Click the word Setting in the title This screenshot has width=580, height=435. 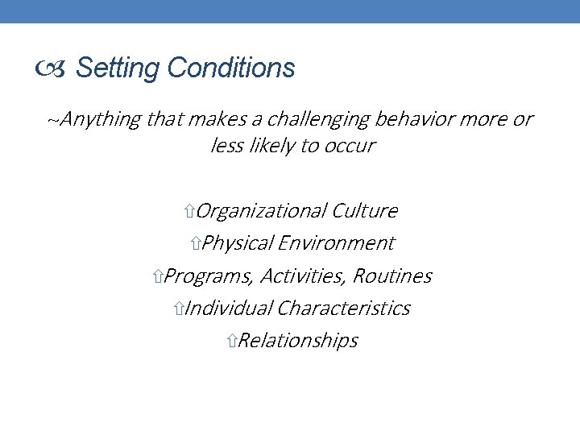[118, 68]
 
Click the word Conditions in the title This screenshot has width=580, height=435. [231, 68]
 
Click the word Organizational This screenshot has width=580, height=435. [261, 211]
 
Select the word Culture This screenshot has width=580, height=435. [364, 211]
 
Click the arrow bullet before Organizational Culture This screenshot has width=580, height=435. [188, 212]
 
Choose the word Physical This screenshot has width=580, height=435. [239, 243]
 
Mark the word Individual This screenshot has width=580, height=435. [229, 309]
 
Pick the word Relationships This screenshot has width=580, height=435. [298, 341]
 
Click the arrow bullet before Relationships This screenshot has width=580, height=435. [232, 342]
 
